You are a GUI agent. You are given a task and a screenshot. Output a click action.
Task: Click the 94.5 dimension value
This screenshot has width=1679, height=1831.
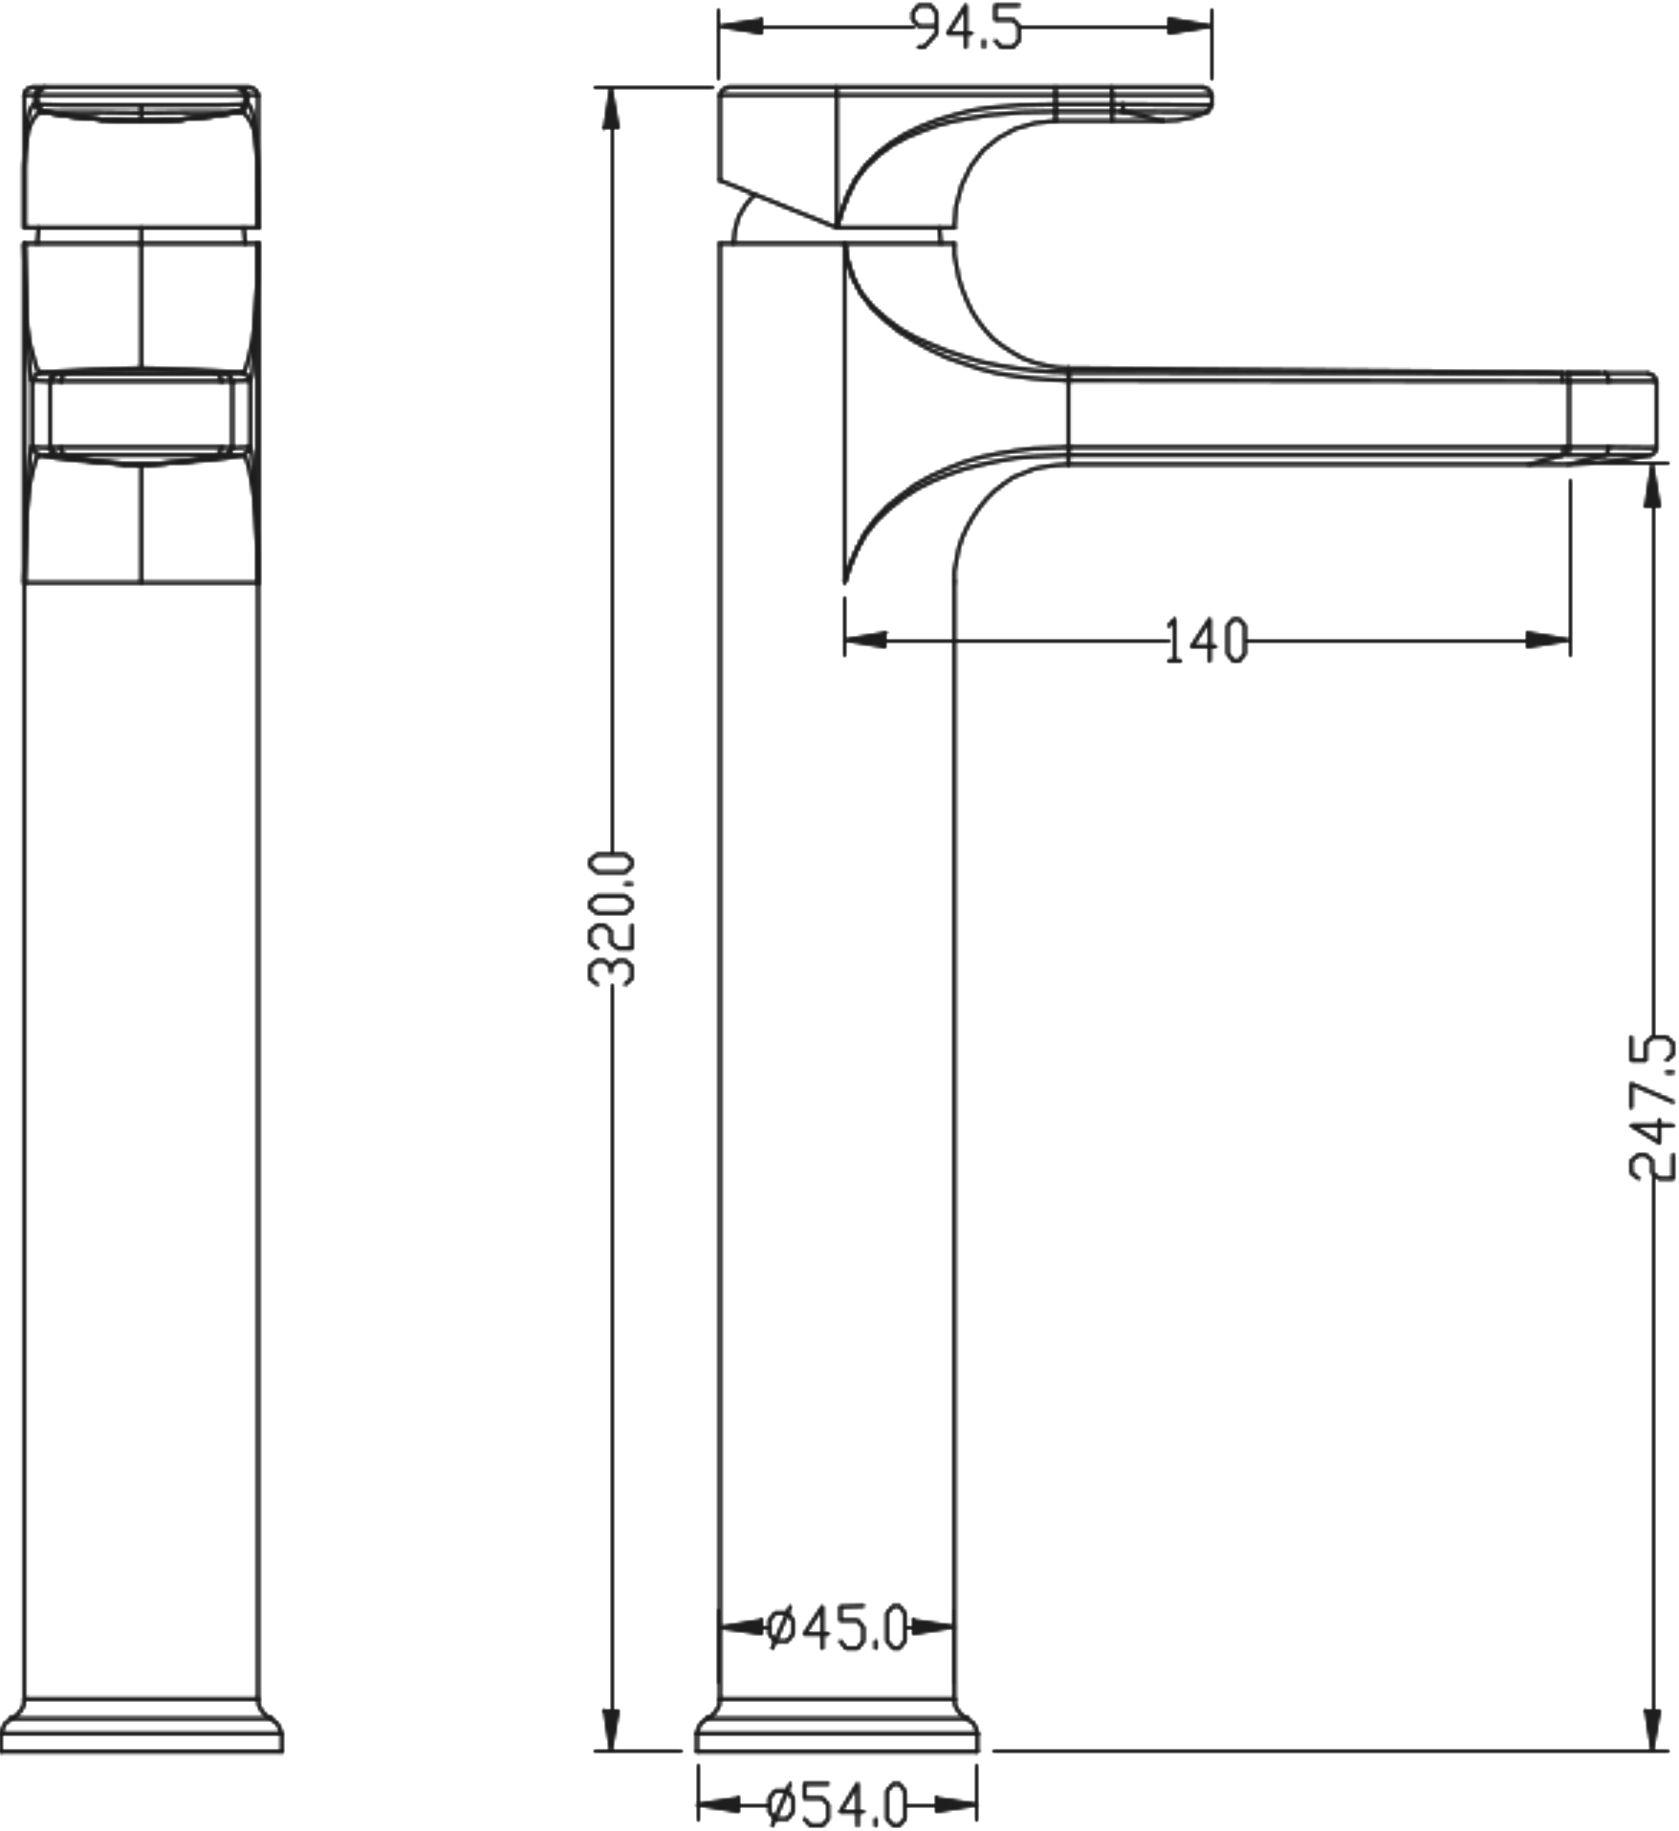tap(966, 28)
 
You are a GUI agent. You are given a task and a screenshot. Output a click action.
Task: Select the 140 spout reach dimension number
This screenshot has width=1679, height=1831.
tap(1207, 641)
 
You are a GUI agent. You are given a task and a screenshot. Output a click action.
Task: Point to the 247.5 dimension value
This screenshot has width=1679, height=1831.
tap(1652, 1106)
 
